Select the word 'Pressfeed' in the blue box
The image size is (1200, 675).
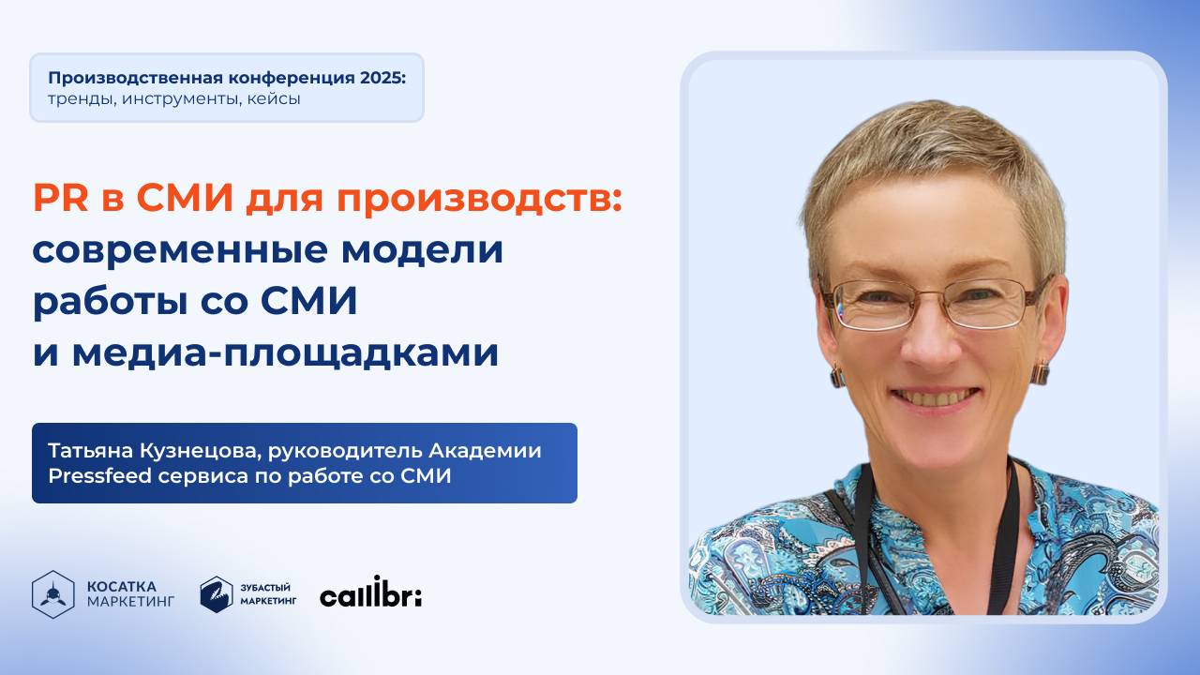tap(92, 476)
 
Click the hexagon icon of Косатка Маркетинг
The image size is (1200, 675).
tap(52, 594)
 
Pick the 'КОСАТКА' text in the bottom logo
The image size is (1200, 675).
tap(122, 586)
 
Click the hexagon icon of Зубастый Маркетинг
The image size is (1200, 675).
tap(217, 594)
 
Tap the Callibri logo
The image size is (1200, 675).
tap(370, 593)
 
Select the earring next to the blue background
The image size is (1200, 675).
tap(1040, 372)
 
